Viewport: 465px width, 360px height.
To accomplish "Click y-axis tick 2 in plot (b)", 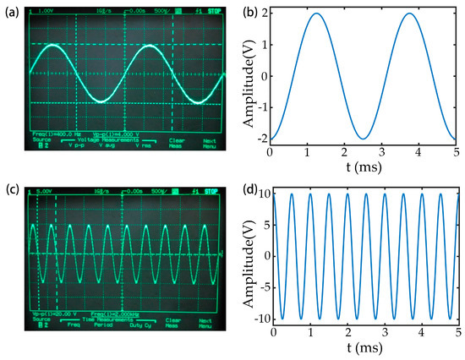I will tap(264, 14).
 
